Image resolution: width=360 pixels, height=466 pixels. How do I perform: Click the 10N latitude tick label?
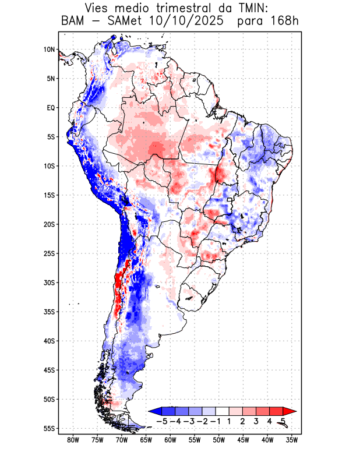click(x=49, y=50)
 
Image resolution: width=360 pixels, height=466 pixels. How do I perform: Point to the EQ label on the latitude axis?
click(x=51, y=108)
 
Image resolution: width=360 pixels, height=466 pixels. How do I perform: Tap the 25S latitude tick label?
click(x=49, y=253)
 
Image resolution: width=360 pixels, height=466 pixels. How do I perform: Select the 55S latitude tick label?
click(x=49, y=428)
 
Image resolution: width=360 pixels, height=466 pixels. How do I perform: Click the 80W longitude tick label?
click(x=73, y=440)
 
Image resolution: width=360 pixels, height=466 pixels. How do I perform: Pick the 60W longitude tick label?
click(x=170, y=440)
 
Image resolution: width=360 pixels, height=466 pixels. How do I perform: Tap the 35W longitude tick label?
click(x=292, y=440)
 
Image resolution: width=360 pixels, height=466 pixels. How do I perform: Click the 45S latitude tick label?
click(x=49, y=370)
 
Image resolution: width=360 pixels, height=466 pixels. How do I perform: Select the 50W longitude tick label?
click(x=219, y=440)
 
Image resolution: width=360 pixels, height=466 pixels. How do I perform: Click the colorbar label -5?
click(x=161, y=421)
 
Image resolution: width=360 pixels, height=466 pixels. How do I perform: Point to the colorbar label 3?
click(x=256, y=421)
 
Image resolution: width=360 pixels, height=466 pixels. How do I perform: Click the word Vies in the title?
click(x=98, y=9)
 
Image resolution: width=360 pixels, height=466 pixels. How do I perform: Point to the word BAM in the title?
click(x=73, y=22)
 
